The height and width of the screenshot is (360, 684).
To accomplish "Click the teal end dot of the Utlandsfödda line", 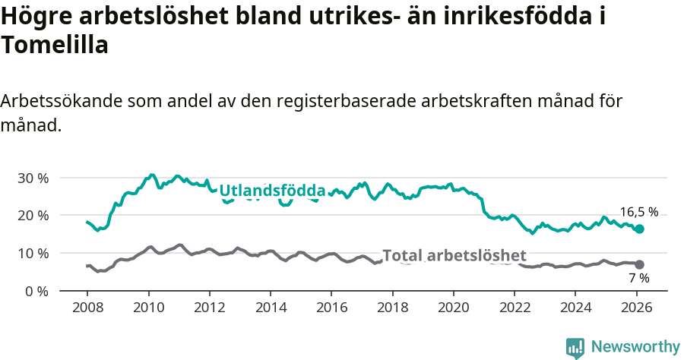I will tap(639, 229).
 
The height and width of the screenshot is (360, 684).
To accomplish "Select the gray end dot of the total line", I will tap(639, 264).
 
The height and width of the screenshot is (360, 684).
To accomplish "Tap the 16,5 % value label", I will tap(638, 213).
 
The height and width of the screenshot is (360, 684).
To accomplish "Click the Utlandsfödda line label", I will tap(272, 191).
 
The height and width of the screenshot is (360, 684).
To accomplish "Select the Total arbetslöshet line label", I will tap(454, 255).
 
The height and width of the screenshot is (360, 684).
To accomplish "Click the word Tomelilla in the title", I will tap(55, 46).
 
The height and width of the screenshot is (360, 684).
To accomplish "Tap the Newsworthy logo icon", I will tap(575, 347).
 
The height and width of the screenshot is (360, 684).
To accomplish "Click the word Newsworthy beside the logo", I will tap(635, 347).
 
